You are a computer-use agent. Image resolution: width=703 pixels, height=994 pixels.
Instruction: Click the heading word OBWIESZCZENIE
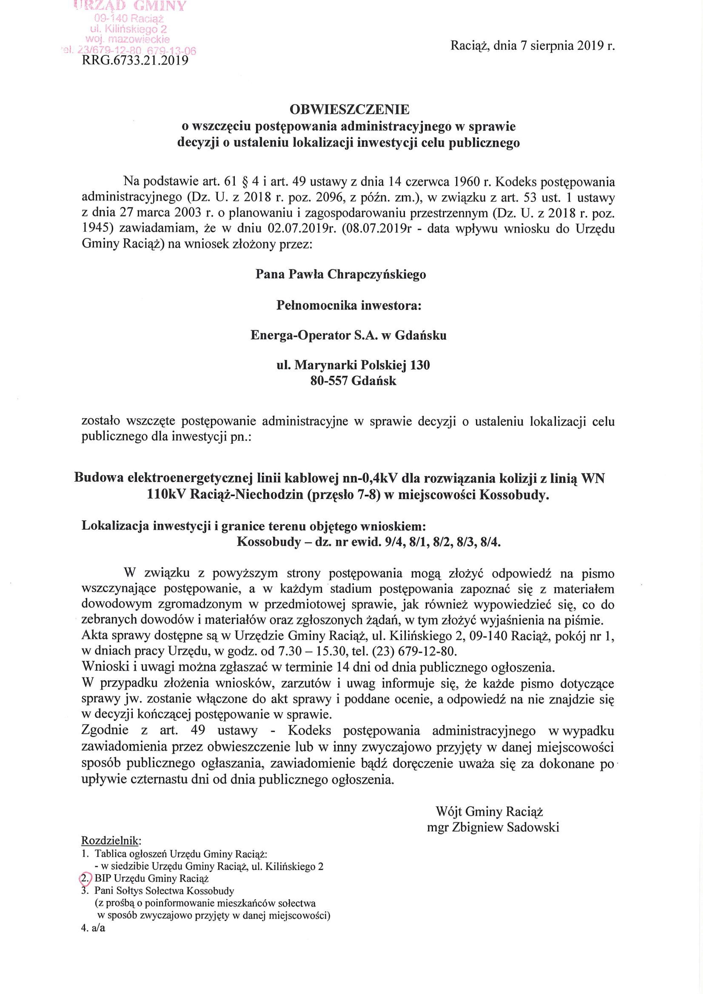point(349,110)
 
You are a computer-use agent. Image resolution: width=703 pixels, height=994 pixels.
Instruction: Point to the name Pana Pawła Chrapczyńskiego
point(341,275)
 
